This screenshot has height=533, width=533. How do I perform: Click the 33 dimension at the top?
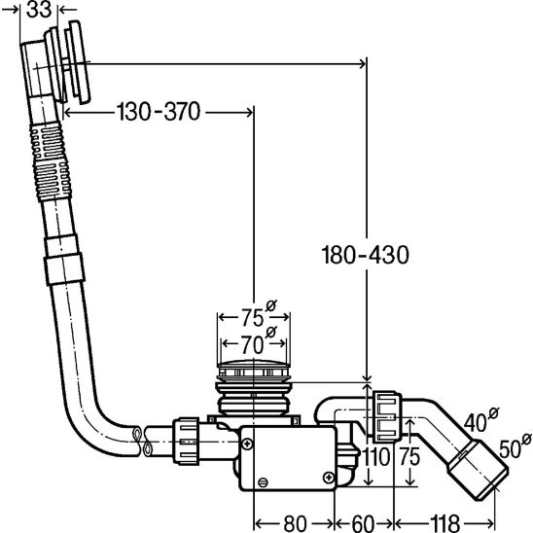[39, 10]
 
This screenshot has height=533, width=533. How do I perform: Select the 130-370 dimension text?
[159, 112]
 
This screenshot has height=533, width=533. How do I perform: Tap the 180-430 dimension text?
[365, 255]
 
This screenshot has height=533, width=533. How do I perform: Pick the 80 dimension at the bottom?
[295, 523]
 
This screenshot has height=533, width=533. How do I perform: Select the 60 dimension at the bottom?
[363, 523]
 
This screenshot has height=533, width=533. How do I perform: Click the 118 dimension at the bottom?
[444, 523]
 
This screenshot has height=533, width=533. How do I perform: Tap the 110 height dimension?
[376, 457]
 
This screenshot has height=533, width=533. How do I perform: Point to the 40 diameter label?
[481, 420]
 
